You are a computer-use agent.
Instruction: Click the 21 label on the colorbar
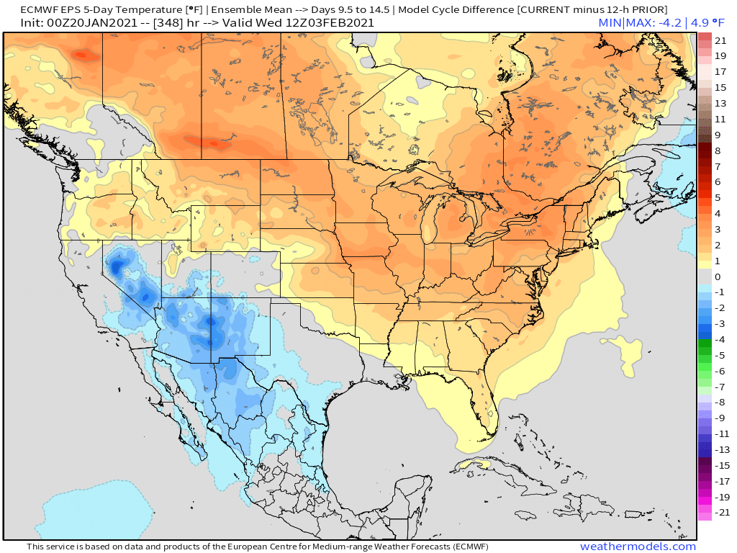point(720,40)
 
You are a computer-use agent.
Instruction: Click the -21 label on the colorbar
point(720,512)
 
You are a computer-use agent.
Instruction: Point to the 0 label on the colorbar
point(717,276)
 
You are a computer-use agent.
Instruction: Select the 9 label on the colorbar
point(717,135)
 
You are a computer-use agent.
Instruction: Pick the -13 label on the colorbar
point(720,449)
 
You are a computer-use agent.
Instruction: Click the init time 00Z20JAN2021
point(74,23)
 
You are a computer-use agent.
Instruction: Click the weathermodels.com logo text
point(638,547)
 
